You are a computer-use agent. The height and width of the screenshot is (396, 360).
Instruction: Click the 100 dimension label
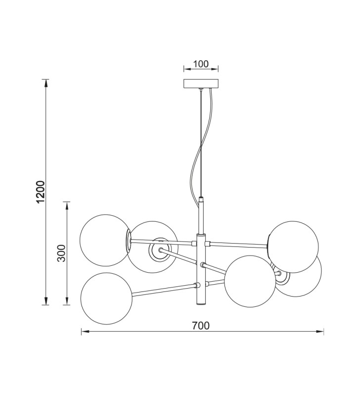tap(201, 64)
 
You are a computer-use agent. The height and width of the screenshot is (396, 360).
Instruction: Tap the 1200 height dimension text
tap(41, 192)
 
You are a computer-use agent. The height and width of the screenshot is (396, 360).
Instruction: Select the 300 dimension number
tap(61, 253)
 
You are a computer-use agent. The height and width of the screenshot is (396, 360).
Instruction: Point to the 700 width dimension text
tap(201, 326)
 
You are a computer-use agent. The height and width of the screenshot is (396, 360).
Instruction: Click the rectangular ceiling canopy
tap(201, 84)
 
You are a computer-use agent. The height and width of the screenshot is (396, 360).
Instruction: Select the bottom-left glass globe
tap(106, 298)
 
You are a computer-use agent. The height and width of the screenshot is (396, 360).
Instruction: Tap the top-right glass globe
tap(293, 247)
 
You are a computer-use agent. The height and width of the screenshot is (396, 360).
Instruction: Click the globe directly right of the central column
tap(250, 281)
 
